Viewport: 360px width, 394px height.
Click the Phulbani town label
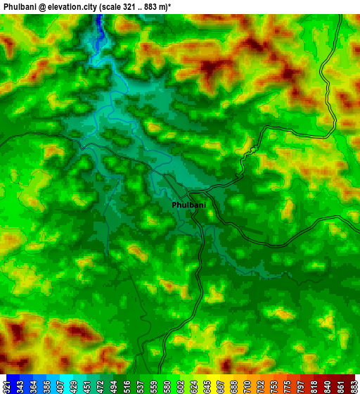tap(189, 205)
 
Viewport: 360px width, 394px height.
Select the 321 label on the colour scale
tap(6, 385)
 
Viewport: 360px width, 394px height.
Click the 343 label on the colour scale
tap(21, 385)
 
